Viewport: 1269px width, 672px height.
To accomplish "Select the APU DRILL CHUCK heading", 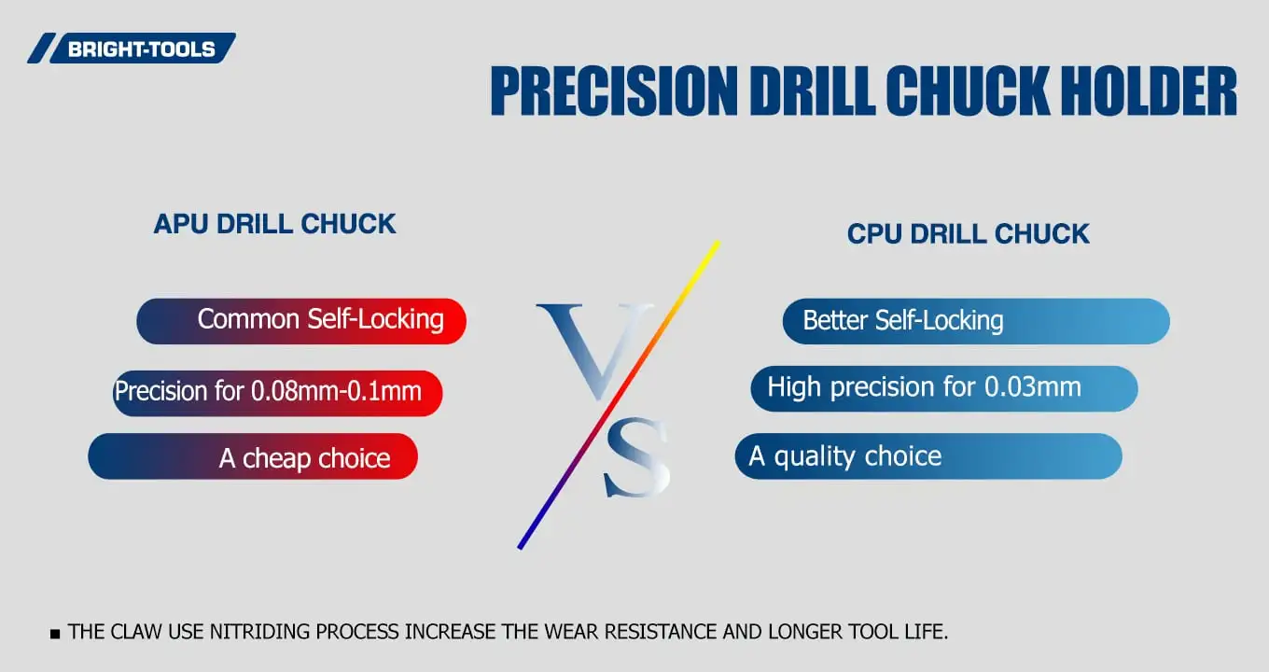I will [x=274, y=224].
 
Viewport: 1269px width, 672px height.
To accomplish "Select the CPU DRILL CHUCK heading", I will [x=968, y=233].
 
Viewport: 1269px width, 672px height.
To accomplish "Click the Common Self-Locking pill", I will [x=301, y=321].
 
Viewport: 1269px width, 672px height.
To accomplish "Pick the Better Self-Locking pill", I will [x=975, y=321].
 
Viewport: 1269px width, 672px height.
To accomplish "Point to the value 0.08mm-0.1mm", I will [x=336, y=391].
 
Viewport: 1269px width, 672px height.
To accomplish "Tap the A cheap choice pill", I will [x=253, y=457].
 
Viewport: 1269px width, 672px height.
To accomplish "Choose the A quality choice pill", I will [x=927, y=456].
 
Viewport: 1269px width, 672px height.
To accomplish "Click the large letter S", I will [x=637, y=457].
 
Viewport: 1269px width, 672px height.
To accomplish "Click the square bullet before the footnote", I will [x=54, y=634].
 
